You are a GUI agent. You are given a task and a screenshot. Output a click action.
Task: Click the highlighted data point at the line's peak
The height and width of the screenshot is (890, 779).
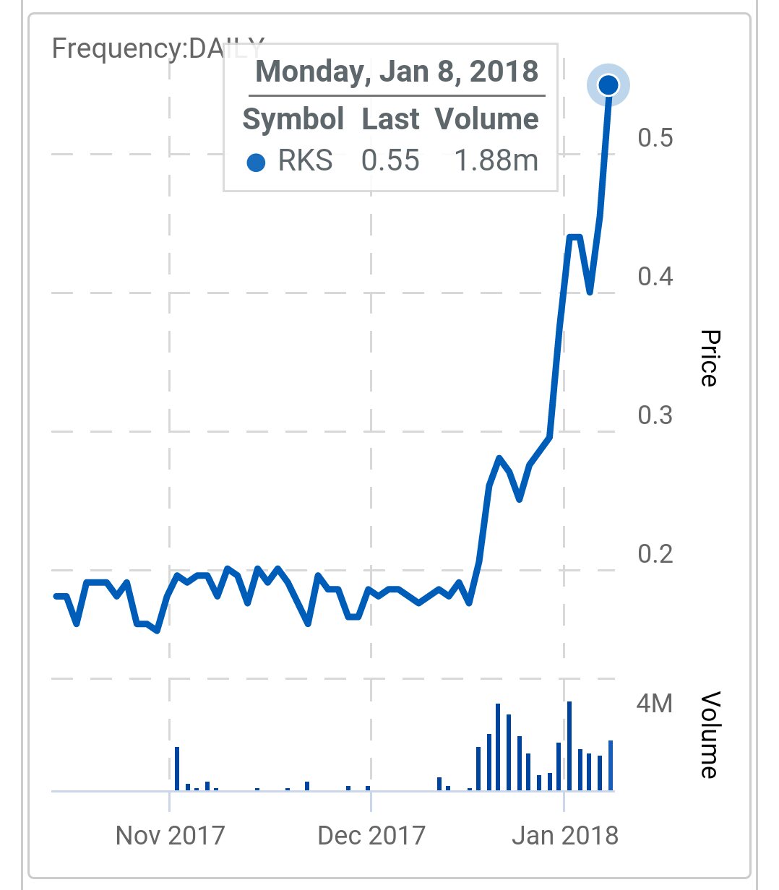pos(608,85)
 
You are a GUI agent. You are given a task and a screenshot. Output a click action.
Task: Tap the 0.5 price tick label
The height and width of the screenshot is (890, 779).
pos(655,137)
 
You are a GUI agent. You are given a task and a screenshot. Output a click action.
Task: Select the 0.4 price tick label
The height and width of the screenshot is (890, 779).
pos(655,276)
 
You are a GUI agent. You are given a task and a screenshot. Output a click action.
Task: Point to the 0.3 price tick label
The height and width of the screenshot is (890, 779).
pos(655,415)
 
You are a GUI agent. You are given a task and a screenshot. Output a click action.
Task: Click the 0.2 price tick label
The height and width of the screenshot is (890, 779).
pos(655,554)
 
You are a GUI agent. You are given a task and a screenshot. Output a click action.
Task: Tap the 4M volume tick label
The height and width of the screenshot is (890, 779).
pos(654,703)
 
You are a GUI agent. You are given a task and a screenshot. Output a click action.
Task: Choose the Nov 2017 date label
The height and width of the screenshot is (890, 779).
pos(170,836)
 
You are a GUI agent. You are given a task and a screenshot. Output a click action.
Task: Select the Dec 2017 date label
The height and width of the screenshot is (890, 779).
pos(371,836)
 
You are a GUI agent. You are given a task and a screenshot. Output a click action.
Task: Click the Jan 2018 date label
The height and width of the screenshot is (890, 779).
pos(565,836)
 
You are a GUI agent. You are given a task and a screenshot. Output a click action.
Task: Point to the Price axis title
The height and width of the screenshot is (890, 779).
pos(710,358)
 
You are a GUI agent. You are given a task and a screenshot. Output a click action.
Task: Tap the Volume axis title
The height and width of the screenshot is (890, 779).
pos(710,735)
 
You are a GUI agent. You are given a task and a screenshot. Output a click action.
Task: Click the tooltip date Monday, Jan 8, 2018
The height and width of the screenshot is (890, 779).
pos(397,72)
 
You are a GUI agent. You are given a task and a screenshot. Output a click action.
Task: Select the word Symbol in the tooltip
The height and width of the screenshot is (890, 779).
pos(293,119)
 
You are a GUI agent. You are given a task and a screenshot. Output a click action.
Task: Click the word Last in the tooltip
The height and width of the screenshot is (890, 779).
pos(390,119)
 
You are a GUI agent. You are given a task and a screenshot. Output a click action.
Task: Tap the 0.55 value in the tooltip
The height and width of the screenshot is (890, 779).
pos(390,160)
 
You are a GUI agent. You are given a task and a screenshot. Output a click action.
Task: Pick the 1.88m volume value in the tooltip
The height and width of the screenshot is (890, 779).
pos(496,160)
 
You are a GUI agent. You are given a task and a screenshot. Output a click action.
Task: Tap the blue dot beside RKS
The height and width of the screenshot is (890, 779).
pos(256,163)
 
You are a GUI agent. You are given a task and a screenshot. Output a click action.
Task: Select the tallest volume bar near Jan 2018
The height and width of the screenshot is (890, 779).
pos(569,746)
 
